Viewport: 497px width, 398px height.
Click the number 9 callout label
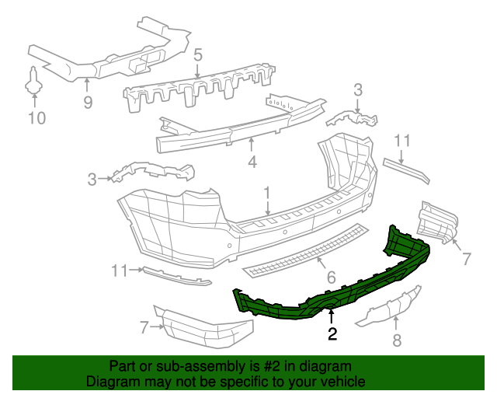[x=88, y=103]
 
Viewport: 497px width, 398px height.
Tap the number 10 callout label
[x=36, y=118]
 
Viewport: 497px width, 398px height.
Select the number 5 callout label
[x=198, y=55]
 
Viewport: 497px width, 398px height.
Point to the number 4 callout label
[x=252, y=162]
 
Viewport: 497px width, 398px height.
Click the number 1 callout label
[x=266, y=192]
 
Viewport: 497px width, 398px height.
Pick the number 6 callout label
[x=330, y=277]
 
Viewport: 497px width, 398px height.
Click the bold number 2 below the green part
[x=332, y=335]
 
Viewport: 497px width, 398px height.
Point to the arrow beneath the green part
[x=332, y=316]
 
